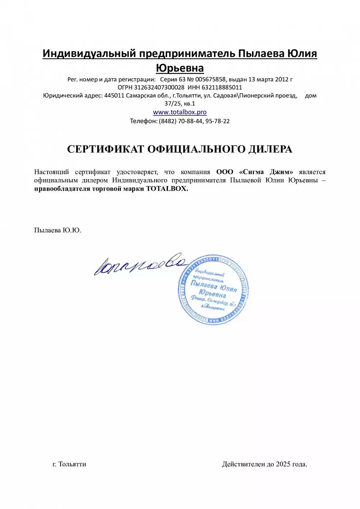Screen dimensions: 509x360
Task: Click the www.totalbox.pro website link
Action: click(x=180, y=112)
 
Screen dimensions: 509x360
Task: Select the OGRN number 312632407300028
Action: click(x=159, y=87)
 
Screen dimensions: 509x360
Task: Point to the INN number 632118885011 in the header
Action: click(x=222, y=87)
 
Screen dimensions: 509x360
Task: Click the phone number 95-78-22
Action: click(x=217, y=121)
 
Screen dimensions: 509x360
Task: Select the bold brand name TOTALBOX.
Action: click(x=167, y=189)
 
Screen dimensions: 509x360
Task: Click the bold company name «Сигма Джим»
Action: click(x=266, y=172)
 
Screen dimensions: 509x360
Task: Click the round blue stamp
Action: click(x=213, y=290)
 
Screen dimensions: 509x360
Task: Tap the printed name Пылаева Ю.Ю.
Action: click(x=58, y=230)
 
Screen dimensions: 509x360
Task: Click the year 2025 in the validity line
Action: click(x=283, y=464)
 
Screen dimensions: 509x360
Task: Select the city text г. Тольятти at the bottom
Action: click(x=69, y=464)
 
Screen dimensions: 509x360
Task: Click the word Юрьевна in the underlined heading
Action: click(x=180, y=68)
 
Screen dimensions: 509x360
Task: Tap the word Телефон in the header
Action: click(x=143, y=121)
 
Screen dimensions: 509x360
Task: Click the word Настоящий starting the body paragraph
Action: click(x=51, y=172)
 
